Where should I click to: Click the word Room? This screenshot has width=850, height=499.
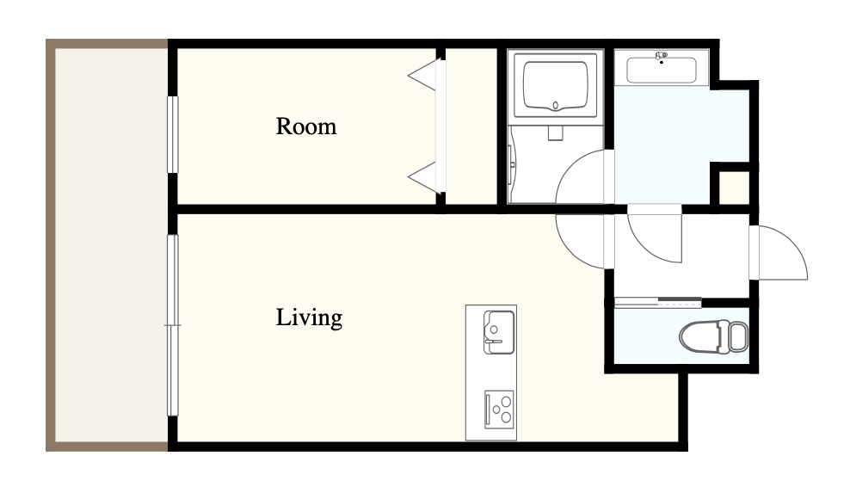click(306, 126)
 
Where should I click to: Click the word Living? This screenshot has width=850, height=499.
click(309, 317)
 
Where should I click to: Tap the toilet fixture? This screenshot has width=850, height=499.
click(713, 336)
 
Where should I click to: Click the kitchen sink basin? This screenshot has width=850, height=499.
click(499, 332)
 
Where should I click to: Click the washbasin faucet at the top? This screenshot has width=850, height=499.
click(662, 56)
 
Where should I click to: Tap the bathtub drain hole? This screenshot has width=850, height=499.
click(556, 105)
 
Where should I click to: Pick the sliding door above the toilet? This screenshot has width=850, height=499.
click(658, 301)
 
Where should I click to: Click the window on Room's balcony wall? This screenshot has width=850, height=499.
click(172, 134)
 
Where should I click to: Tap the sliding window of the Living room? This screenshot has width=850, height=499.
click(172, 325)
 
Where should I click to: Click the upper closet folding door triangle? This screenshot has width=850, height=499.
click(422, 75)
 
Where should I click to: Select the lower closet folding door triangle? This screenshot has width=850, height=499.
click(422, 177)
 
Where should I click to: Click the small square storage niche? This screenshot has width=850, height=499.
click(734, 188)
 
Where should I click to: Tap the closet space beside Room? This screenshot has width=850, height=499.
click(471, 126)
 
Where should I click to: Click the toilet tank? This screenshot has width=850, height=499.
click(738, 336)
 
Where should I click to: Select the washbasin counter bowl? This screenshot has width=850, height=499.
click(662, 71)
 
